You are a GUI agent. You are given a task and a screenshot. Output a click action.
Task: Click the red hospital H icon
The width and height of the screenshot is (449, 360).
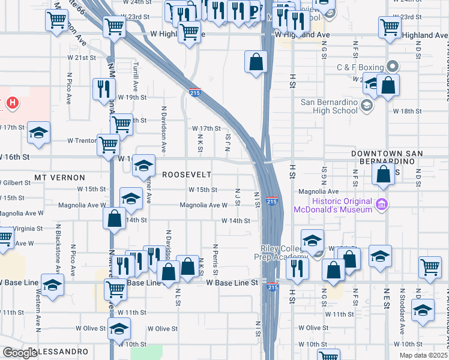click(11, 104)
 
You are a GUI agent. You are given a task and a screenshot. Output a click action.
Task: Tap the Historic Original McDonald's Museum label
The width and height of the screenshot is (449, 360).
click(333, 206)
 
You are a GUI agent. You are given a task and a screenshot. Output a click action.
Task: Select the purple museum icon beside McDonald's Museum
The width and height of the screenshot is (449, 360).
click(380, 206)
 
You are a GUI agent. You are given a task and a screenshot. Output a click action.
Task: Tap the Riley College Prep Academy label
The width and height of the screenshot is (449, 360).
click(284, 253)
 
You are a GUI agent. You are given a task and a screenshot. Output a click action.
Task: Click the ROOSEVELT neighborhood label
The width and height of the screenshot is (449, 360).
click(187, 174)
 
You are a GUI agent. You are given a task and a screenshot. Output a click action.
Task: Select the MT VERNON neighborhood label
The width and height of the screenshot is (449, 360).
click(59, 178)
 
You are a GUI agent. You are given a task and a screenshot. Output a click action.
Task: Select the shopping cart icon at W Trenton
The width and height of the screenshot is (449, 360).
click(108, 144)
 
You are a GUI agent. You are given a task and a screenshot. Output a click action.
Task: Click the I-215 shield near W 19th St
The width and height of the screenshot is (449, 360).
click(195, 93)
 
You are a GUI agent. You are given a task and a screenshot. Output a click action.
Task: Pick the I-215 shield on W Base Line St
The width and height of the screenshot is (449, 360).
click(272, 287)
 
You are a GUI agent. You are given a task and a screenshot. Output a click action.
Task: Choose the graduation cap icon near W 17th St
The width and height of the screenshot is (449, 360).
click(38, 133)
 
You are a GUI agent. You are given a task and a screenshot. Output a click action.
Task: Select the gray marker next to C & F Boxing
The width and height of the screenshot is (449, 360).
click(393, 67)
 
